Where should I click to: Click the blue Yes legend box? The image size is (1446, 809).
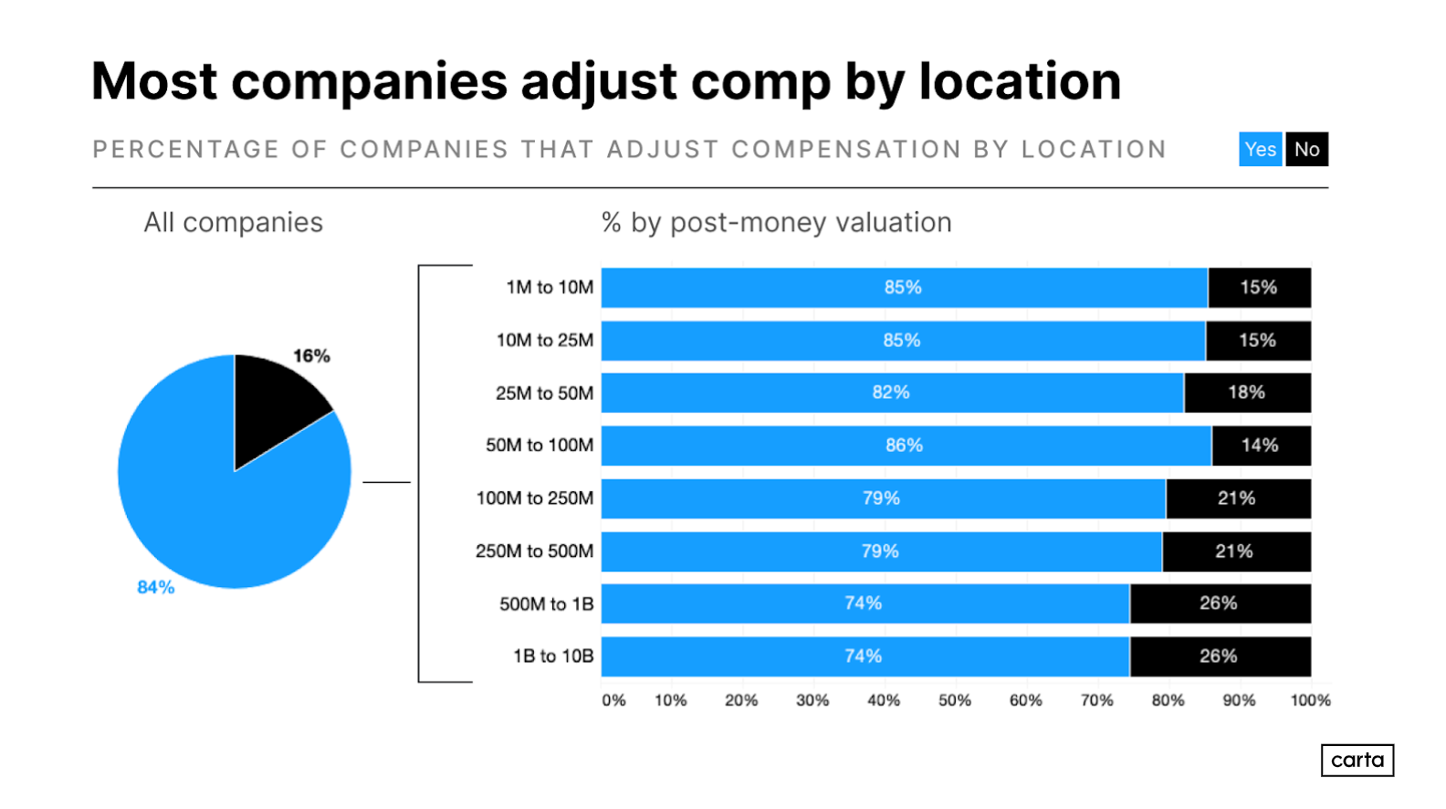click(x=1260, y=150)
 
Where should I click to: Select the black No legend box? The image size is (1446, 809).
click(x=1306, y=150)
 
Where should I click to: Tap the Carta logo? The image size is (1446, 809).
click(x=1357, y=760)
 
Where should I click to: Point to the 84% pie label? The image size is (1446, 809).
click(x=155, y=587)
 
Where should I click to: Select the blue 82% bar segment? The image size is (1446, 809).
click(x=892, y=393)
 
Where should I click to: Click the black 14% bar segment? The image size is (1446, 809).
click(x=1261, y=446)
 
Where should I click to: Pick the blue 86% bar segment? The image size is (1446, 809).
click(x=905, y=446)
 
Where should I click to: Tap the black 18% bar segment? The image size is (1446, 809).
click(x=1247, y=393)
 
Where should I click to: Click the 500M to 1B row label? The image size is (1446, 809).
click(x=546, y=604)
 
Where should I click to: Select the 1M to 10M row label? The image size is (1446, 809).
click(x=550, y=288)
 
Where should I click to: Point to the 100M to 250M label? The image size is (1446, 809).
click(x=534, y=499)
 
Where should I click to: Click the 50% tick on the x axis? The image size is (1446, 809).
click(x=955, y=700)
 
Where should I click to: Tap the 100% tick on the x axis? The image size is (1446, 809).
click(x=1310, y=700)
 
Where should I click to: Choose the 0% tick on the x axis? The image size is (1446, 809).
click(x=613, y=700)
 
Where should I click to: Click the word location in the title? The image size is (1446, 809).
click(x=1020, y=82)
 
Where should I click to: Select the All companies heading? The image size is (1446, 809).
click(x=233, y=223)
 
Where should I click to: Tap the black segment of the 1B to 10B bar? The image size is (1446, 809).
click(x=1220, y=657)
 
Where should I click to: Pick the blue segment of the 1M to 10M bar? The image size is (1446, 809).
click(x=904, y=288)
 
